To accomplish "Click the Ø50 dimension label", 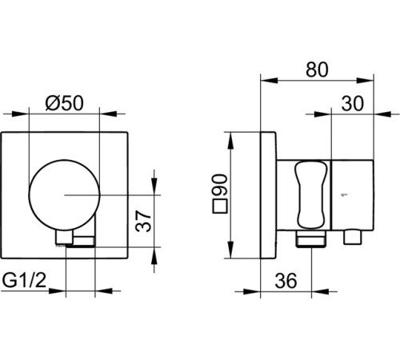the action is (64, 103).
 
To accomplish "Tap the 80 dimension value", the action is (317, 70).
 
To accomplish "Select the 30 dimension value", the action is (352, 103).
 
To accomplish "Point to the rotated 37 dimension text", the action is (143, 221).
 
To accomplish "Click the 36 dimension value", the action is (286, 281).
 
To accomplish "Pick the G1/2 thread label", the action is (24, 281).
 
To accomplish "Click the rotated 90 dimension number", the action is (220, 185).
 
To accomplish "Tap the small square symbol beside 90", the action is (220, 206).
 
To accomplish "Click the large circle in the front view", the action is (64, 195).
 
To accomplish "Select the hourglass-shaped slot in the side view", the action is (310, 194).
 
